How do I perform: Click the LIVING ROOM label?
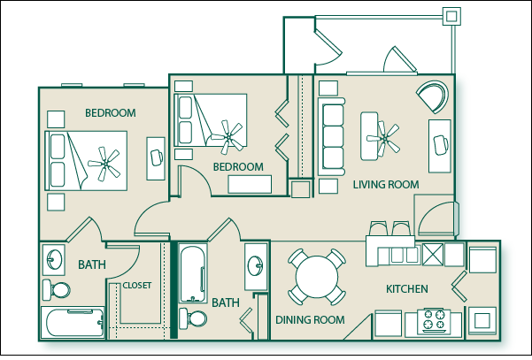click(x=386, y=184)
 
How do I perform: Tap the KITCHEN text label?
click(x=407, y=289)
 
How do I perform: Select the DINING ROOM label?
click(x=309, y=319)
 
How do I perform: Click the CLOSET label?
click(x=137, y=285)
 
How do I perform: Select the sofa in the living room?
click(x=333, y=137)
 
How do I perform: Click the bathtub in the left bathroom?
click(x=73, y=321)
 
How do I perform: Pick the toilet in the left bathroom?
click(x=58, y=289)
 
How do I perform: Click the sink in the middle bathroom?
click(x=256, y=264)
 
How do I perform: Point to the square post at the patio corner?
click(x=451, y=15)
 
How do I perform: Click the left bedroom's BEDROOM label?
click(x=110, y=113)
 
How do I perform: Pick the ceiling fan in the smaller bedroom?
click(x=232, y=135)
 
